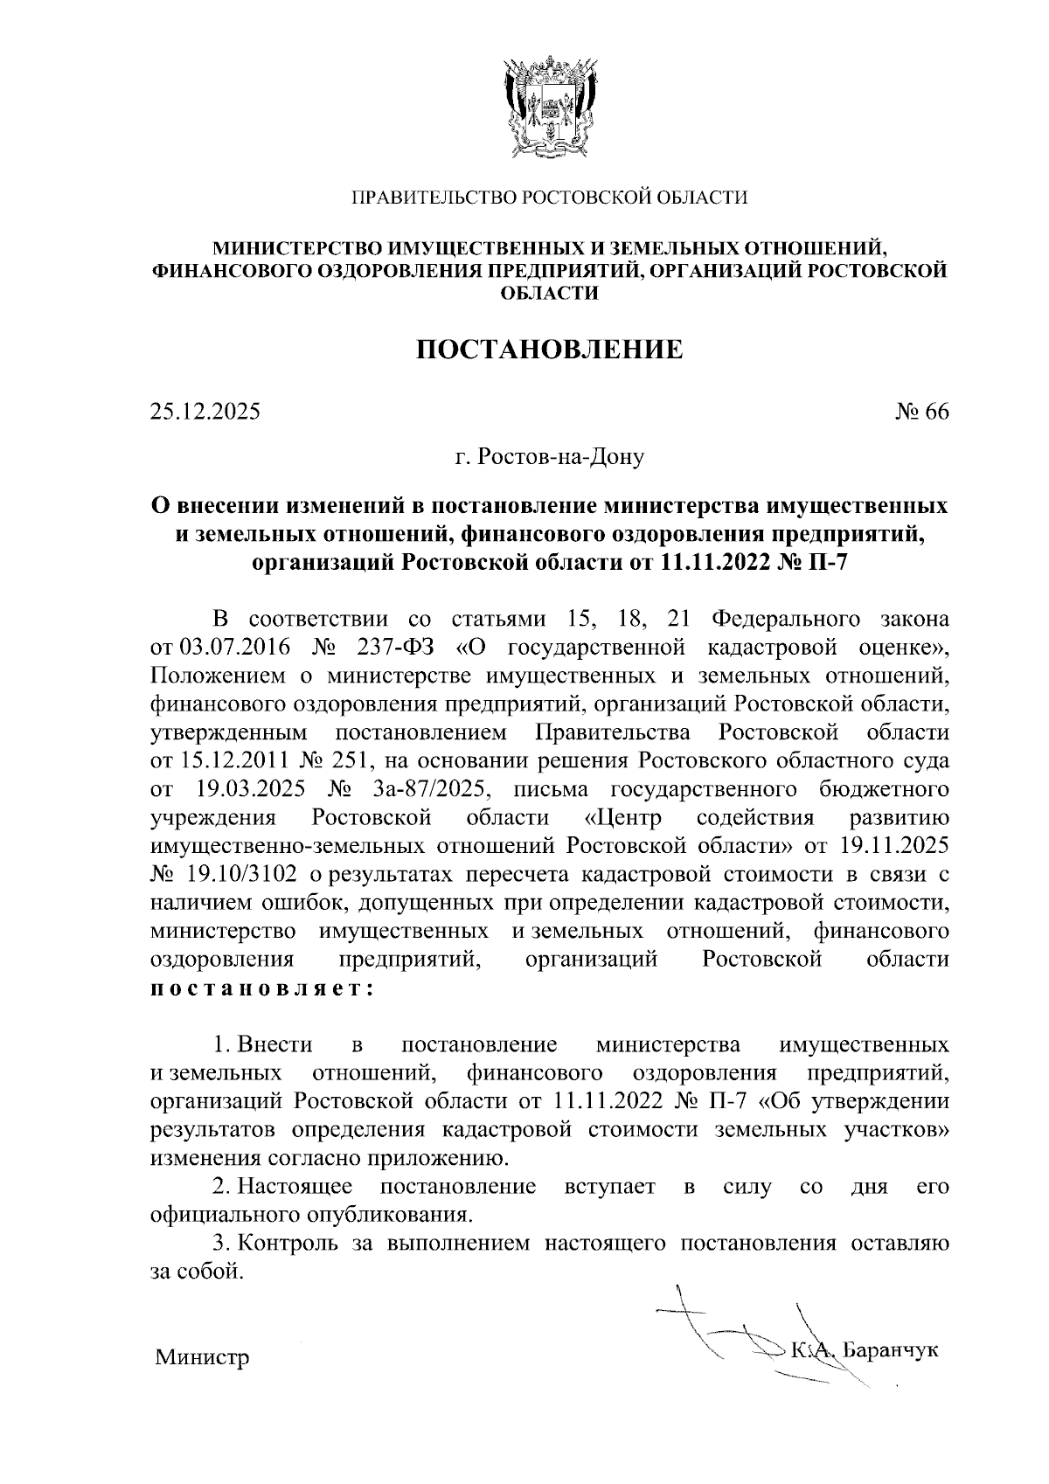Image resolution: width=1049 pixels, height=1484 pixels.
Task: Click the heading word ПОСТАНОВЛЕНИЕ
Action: [549, 350]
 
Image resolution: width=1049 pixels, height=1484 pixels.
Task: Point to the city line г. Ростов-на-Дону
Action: [549, 456]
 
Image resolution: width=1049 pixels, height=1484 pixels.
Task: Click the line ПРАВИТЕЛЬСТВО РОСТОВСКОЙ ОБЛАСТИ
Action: [549, 198]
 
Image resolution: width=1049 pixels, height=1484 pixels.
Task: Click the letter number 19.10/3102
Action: [238, 875]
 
